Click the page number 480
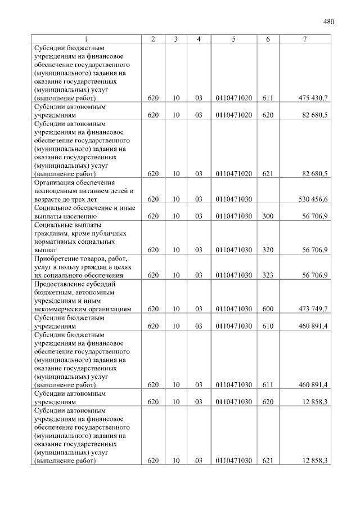[x=329, y=22]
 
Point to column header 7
[x=304, y=39]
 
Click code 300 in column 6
[x=268, y=216]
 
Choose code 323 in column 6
[x=268, y=275]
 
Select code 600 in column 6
[x=268, y=309]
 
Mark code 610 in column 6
[x=268, y=326]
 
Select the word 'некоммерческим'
[x=61, y=309]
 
